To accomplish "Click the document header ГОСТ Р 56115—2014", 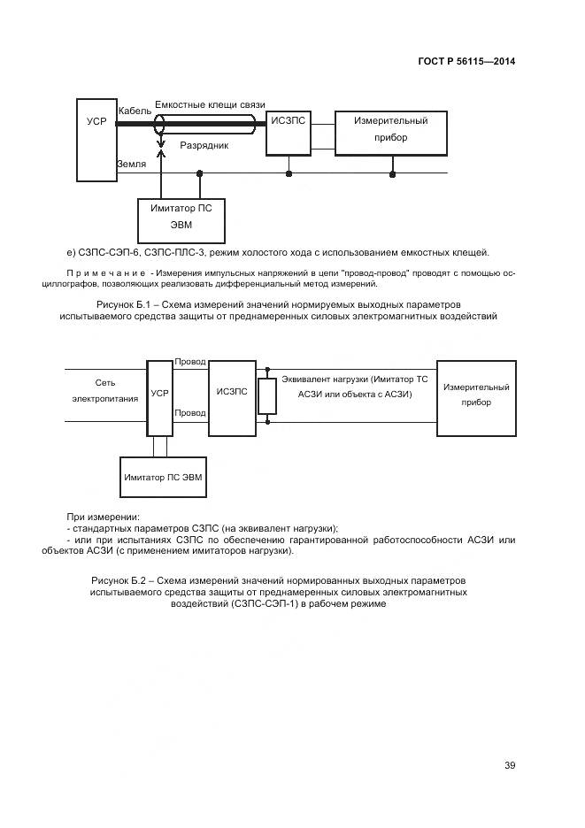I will point(466,61).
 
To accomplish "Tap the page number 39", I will point(510,765).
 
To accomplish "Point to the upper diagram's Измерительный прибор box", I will point(390,129).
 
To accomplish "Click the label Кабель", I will point(135,111).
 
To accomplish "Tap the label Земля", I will point(131,165).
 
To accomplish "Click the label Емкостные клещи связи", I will point(210,104).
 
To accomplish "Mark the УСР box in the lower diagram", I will point(159,397).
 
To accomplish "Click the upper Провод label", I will point(190,363).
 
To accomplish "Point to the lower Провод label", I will point(190,413).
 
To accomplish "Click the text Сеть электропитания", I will point(105,390).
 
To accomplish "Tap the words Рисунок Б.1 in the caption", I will point(118,304).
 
